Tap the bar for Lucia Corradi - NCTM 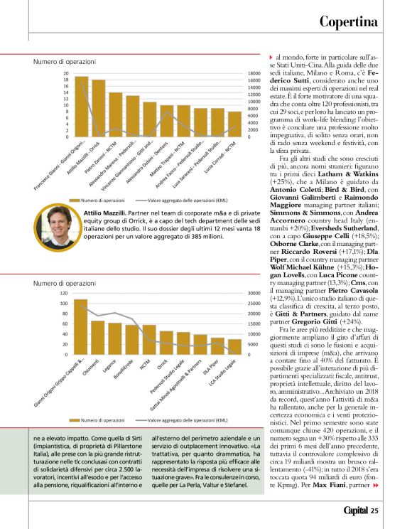(x=234, y=124)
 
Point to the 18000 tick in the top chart (x=254, y=73)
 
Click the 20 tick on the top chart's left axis (x=66, y=73)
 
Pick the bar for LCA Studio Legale (x=234, y=346)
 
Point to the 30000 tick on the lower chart (x=256, y=293)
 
